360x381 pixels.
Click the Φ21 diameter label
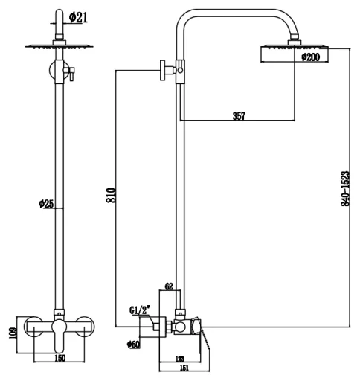pyautogui.click(x=78, y=17)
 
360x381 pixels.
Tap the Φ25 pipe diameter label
pyautogui.click(x=46, y=204)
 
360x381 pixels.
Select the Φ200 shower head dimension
pyautogui.click(x=311, y=57)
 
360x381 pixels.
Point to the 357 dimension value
pyautogui.click(x=239, y=116)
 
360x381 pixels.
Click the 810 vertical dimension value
pyautogui.click(x=111, y=196)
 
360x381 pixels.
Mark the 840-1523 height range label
pyautogui.click(x=345, y=188)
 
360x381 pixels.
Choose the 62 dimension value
pyautogui.click(x=169, y=286)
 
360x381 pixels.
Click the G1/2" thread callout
pyautogui.click(x=140, y=310)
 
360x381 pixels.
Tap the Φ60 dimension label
pyautogui.click(x=133, y=345)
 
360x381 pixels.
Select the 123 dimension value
pyautogui.click(x=180, y=359)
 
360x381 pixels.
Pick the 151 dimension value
pyautogui.click(x=184, y=368)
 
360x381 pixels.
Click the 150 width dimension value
pyautogui.click(x=60, y=358)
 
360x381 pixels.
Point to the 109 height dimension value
pyautogui.click(x=13, y=333)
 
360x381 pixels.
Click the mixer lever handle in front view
pyautogui.click(x=59, y=336)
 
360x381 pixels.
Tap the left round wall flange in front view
pyautogui.click(x=33, y=327)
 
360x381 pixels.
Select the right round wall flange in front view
pyautogui.click(x=84, y=327)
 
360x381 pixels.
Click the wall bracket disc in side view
pyautogui.click(x=162, y=70)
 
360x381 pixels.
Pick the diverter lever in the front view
pyautogui.click(x=71, y=74)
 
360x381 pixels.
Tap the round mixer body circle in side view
pyautogui.click(x=180, y=327)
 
